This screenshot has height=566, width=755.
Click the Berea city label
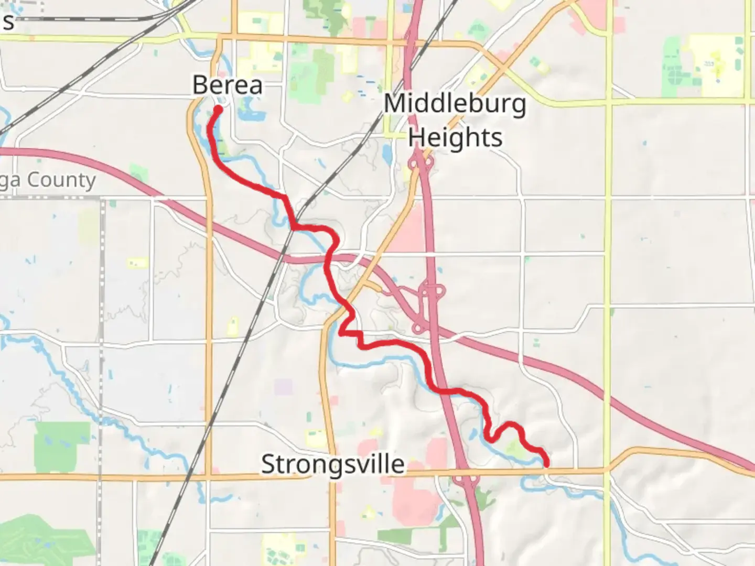coord(228,85)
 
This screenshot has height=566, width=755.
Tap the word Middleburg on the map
coord(455,103)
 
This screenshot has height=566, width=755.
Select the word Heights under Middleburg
coord(455,137)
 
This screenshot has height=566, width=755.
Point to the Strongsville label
coord(332,464)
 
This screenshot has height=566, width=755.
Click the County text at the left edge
coord(61,180)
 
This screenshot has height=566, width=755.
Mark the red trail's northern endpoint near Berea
coord(218,109)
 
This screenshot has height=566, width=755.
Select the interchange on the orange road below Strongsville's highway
coord(465,478)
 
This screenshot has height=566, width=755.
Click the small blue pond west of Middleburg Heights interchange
coord(387,153)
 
